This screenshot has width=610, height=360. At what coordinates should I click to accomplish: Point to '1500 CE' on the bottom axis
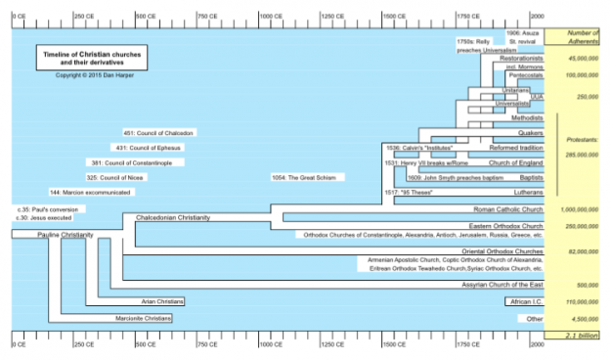click(399, 343)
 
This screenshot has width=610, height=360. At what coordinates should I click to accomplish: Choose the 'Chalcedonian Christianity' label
click(173, 217)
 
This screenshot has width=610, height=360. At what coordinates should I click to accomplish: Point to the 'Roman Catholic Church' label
click(508, 209)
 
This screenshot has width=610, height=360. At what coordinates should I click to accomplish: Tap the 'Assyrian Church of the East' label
click(499, 285)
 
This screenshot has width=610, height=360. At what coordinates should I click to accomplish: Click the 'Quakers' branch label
click(529, 133)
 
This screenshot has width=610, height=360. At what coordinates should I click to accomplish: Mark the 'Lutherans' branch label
click(525, 193)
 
